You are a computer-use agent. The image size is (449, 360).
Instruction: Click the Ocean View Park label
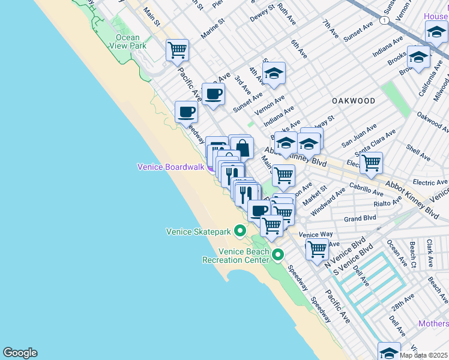click(131, 41)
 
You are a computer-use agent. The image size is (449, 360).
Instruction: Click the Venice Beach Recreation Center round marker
click(277, 256)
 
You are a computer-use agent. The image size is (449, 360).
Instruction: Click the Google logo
click(20, 353)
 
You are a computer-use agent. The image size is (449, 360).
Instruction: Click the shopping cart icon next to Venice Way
click(316, 248)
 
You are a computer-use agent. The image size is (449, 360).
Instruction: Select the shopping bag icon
click(242, 147)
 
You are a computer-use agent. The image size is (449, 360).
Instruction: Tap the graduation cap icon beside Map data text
click(389, 352)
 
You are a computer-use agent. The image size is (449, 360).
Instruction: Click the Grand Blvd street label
click(360, 219)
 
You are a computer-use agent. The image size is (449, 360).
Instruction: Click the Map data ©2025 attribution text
click(424, 355)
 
